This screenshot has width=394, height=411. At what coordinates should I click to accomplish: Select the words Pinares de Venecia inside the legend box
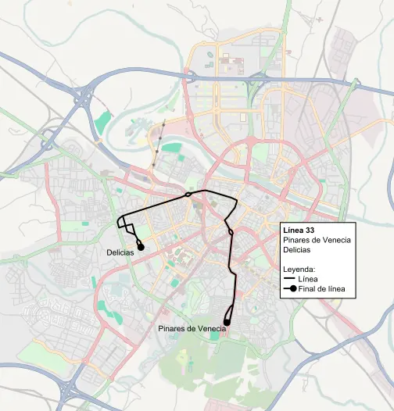click(317, 240)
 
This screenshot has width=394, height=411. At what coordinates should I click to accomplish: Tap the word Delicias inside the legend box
click(298, 250)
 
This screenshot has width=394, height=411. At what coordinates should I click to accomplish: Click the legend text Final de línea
click(324, 289)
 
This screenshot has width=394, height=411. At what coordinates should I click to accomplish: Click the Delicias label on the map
click(121, 252)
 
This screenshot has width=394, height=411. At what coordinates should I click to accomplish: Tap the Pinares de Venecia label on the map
click(192, 329)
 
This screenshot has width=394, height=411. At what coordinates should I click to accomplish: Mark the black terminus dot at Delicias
click(141, 246)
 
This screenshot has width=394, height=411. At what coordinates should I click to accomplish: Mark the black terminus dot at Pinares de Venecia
click(227, 321)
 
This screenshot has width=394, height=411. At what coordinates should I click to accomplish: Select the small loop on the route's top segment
click(192, 196)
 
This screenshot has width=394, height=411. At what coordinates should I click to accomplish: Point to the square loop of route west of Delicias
click(125, 223)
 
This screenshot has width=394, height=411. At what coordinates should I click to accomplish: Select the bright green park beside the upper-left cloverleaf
click(102, 122)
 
